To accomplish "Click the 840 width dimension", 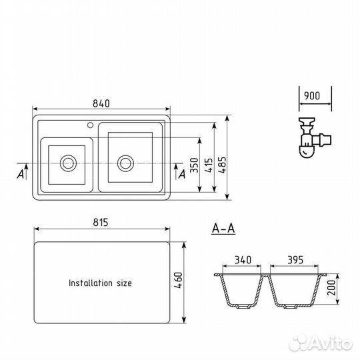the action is [101, 103].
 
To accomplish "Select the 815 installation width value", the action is [101, 223].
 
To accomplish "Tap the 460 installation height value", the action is [179, 280].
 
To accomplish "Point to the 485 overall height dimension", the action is [222, 165].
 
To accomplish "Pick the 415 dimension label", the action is [209, 165].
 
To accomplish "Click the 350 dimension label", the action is [194, 165].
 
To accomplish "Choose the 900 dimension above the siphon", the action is [312, 96].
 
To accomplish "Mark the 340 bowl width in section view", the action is [243, 260].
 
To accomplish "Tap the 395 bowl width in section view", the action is [295, 260].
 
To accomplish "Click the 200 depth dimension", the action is [331, 287].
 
